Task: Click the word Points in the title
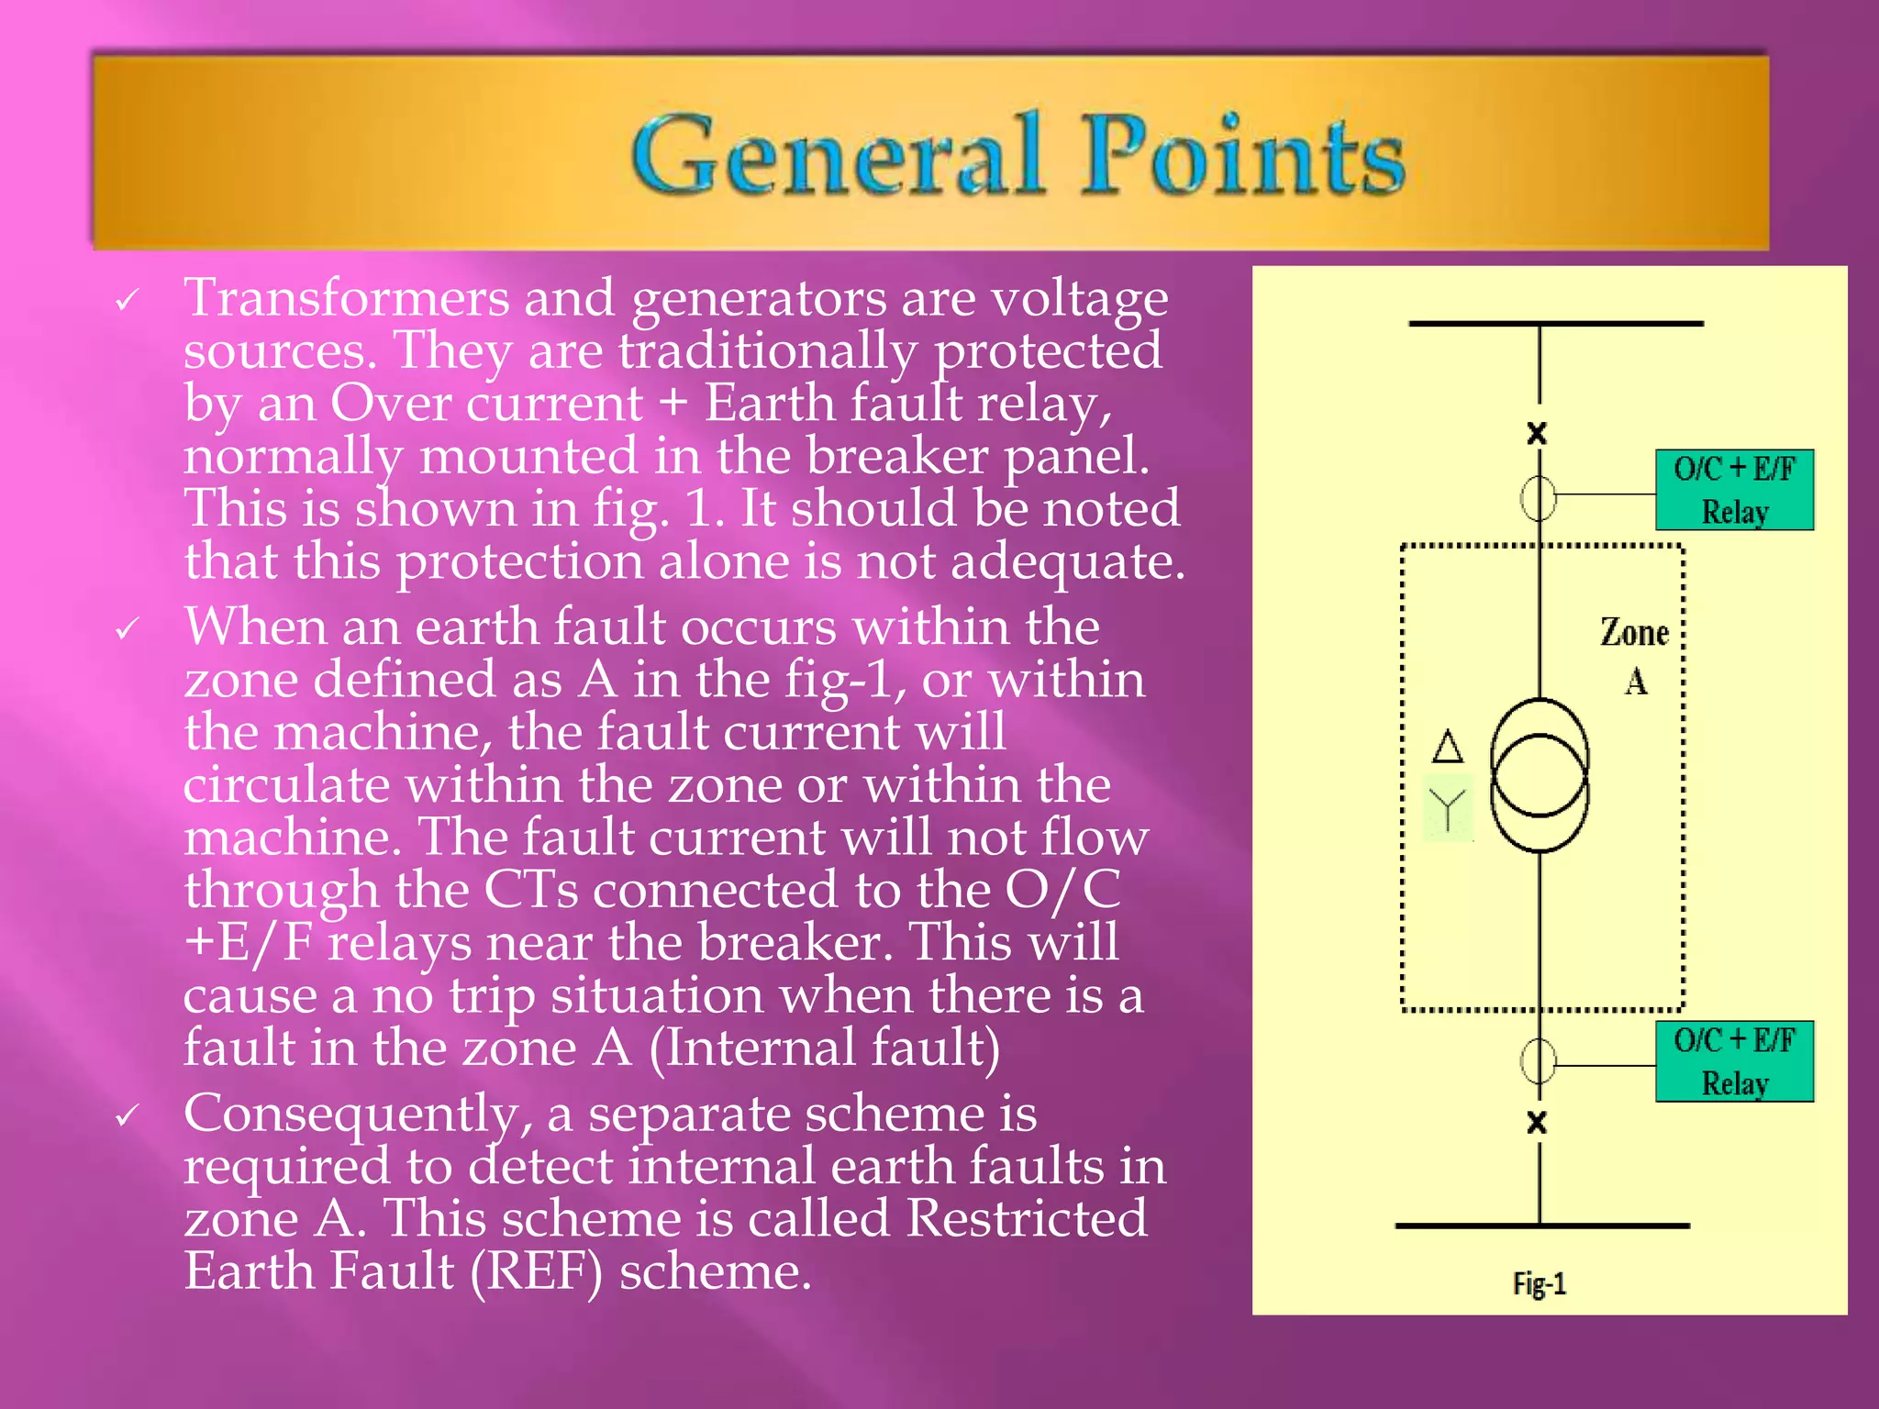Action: (1242, 155)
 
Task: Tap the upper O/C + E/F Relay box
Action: (1734, 490)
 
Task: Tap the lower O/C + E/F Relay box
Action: (1734, 1061)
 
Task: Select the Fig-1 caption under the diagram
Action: (1540, 1283)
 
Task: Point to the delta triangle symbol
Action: (1448, 747)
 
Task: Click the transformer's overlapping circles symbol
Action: (1540, 775)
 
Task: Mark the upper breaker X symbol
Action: (1537, 433)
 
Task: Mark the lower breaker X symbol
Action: (1537, 1122)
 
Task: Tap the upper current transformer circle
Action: (1539, 497)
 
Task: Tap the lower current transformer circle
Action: (1539, 1061)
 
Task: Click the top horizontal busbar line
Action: (1556, 324)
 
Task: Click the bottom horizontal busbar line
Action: (1541, 1226)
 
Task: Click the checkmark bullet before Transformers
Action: (127, 300)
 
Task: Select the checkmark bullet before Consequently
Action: (127, 1115)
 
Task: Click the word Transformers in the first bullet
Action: (347, 298)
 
